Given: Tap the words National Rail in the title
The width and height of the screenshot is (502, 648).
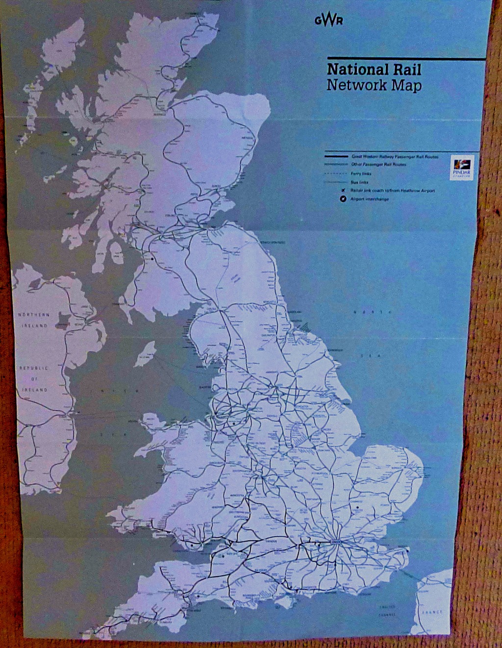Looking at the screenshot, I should (374, 69).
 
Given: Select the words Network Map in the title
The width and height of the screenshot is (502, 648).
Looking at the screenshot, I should (374, 85).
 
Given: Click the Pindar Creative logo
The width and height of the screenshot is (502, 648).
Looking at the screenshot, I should (460, 168).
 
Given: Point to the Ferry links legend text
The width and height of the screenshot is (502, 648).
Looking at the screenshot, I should (361, 174).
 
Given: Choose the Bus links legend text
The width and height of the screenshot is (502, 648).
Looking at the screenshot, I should (359, 182).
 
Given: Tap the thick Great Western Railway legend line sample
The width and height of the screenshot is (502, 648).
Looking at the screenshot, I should (336, 156).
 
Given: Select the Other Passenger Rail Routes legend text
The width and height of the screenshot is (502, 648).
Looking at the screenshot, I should (378, 165).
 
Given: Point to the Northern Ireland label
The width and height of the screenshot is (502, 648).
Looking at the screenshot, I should (34, 320).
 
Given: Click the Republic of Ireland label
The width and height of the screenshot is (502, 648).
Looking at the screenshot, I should (34, 379).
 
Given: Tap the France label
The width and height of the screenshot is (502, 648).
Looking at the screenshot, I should (432, 612).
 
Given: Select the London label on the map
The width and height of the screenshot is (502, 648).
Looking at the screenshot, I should (336, 542).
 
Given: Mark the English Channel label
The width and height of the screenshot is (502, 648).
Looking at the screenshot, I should (387, 610).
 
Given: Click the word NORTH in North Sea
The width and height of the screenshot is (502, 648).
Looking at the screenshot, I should (374, 312).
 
